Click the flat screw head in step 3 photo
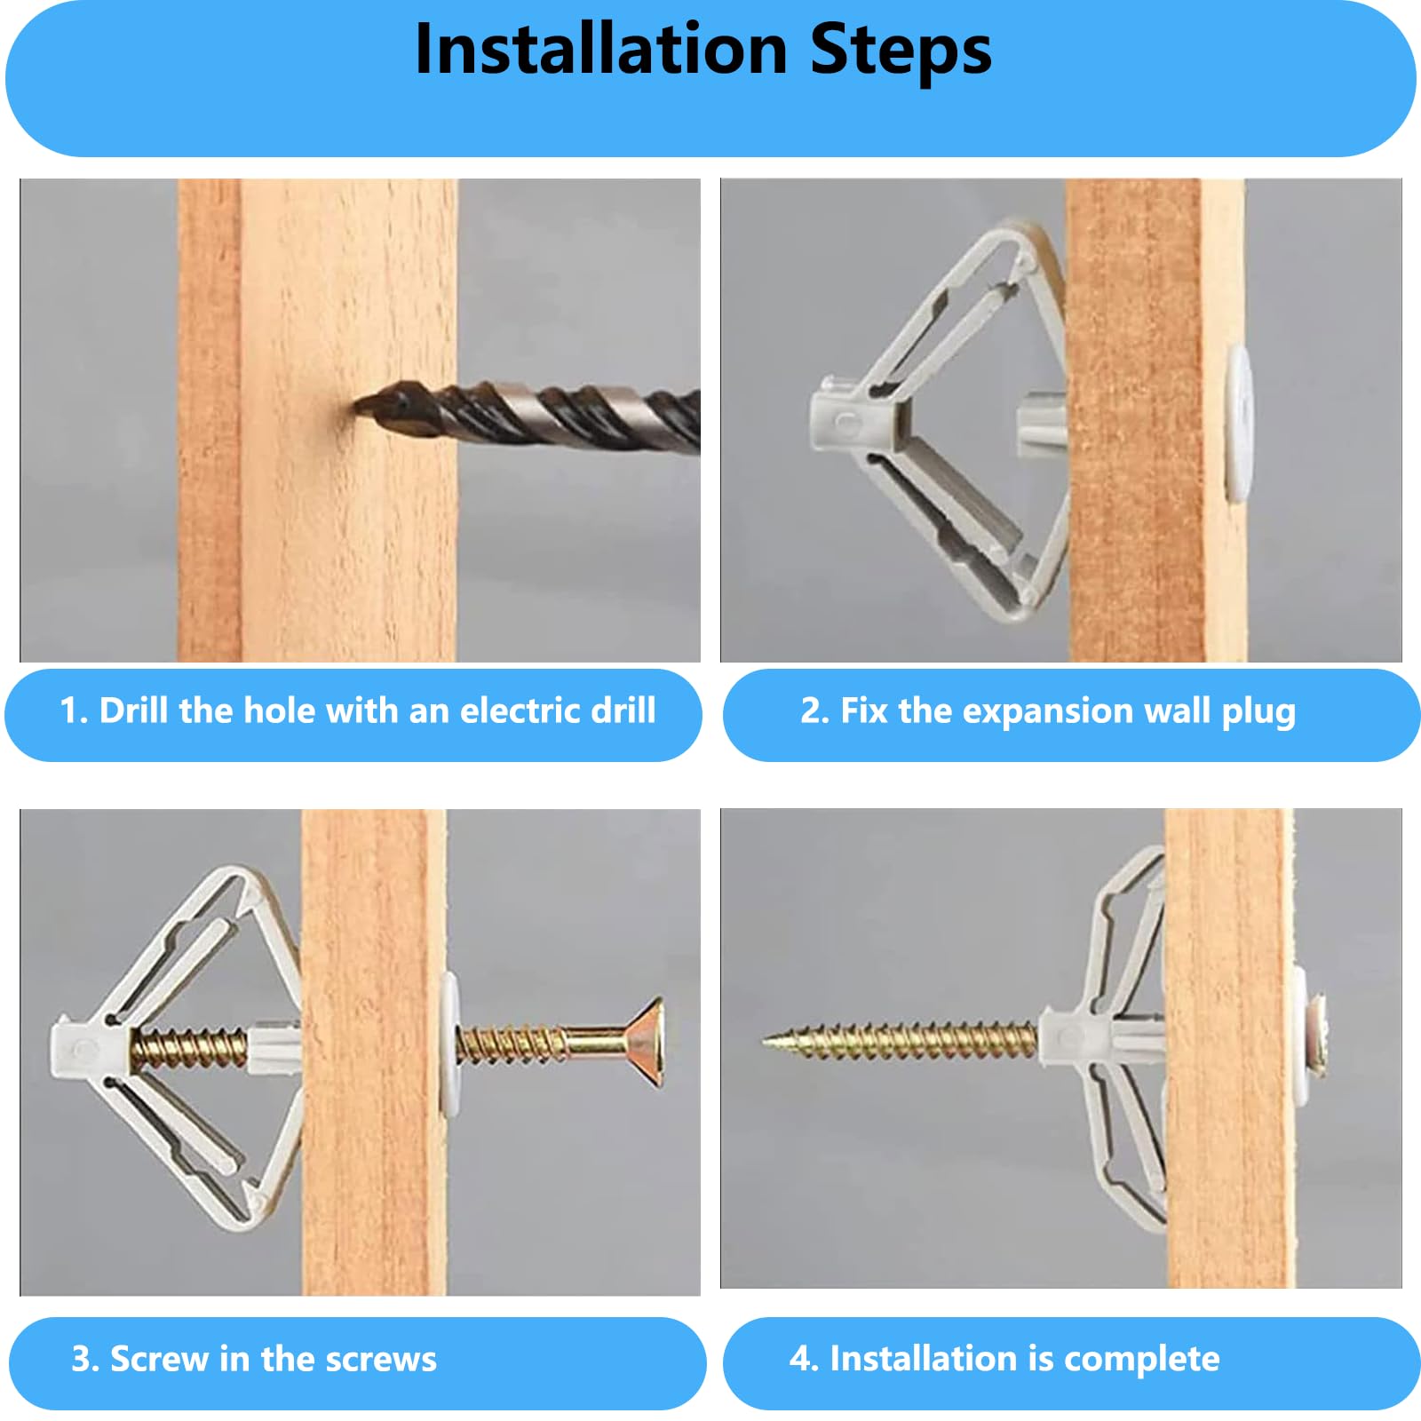[x=645, y=1043]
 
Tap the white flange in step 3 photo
[x=450, y=1044]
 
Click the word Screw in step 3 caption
[x=159, y=1359]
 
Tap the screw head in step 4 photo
[x=1316, y=1036]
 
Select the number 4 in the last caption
[x=799, y=1359]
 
